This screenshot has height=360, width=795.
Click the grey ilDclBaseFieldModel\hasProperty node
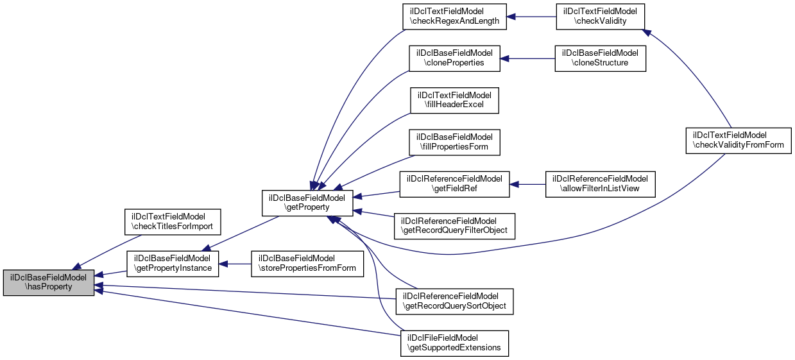coord(49,282)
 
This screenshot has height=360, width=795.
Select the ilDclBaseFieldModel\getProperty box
coord(307,203)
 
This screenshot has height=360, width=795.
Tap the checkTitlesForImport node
coord(172,221)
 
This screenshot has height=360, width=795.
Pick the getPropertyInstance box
coord(173,263)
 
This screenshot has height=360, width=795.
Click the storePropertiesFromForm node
coord(307,263)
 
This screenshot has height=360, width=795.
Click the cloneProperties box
coord(455,58)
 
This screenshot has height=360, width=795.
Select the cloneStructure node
coord(600,58)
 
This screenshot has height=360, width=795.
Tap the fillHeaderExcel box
coord(455,99)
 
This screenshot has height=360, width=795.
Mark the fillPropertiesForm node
coord(455,141)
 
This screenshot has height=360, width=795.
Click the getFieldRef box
coord(455,184)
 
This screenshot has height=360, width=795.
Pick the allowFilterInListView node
coord(600,184)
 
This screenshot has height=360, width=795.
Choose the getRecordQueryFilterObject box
coord(455,225)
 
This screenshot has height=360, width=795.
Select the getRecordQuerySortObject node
coord(455,302)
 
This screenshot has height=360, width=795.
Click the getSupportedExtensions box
coord(455,343)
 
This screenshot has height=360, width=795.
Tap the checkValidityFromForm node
coord(739,141)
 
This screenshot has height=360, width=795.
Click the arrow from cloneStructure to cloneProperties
coord(527,58)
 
